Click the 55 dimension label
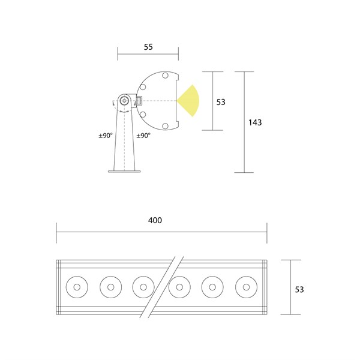[x=148, y=47]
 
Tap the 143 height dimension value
[x=255, y=122]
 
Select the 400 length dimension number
[x=155, y=220]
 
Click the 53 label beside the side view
[x=221, y=102]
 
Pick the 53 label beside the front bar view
[x=299, y=290]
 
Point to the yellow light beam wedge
[x=190, y=101]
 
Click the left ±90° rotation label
[x=106, y=136]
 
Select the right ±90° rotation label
[x=143, y=136]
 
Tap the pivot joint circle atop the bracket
[x=124, y=101]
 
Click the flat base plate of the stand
[x=124, y=171]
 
